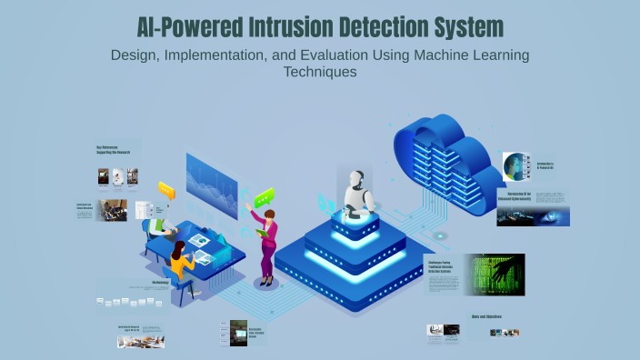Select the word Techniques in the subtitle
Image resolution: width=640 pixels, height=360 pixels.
(319, 71)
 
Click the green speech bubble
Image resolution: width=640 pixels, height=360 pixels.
(264, 197)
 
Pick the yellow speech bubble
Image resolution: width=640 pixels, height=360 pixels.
(166, 190)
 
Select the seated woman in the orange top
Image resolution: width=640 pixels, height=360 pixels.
(180, 261)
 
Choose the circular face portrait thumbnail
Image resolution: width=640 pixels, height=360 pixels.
(517, 166)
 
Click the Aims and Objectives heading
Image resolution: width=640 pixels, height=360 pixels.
(485, 317)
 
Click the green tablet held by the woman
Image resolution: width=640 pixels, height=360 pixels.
(262, 233)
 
